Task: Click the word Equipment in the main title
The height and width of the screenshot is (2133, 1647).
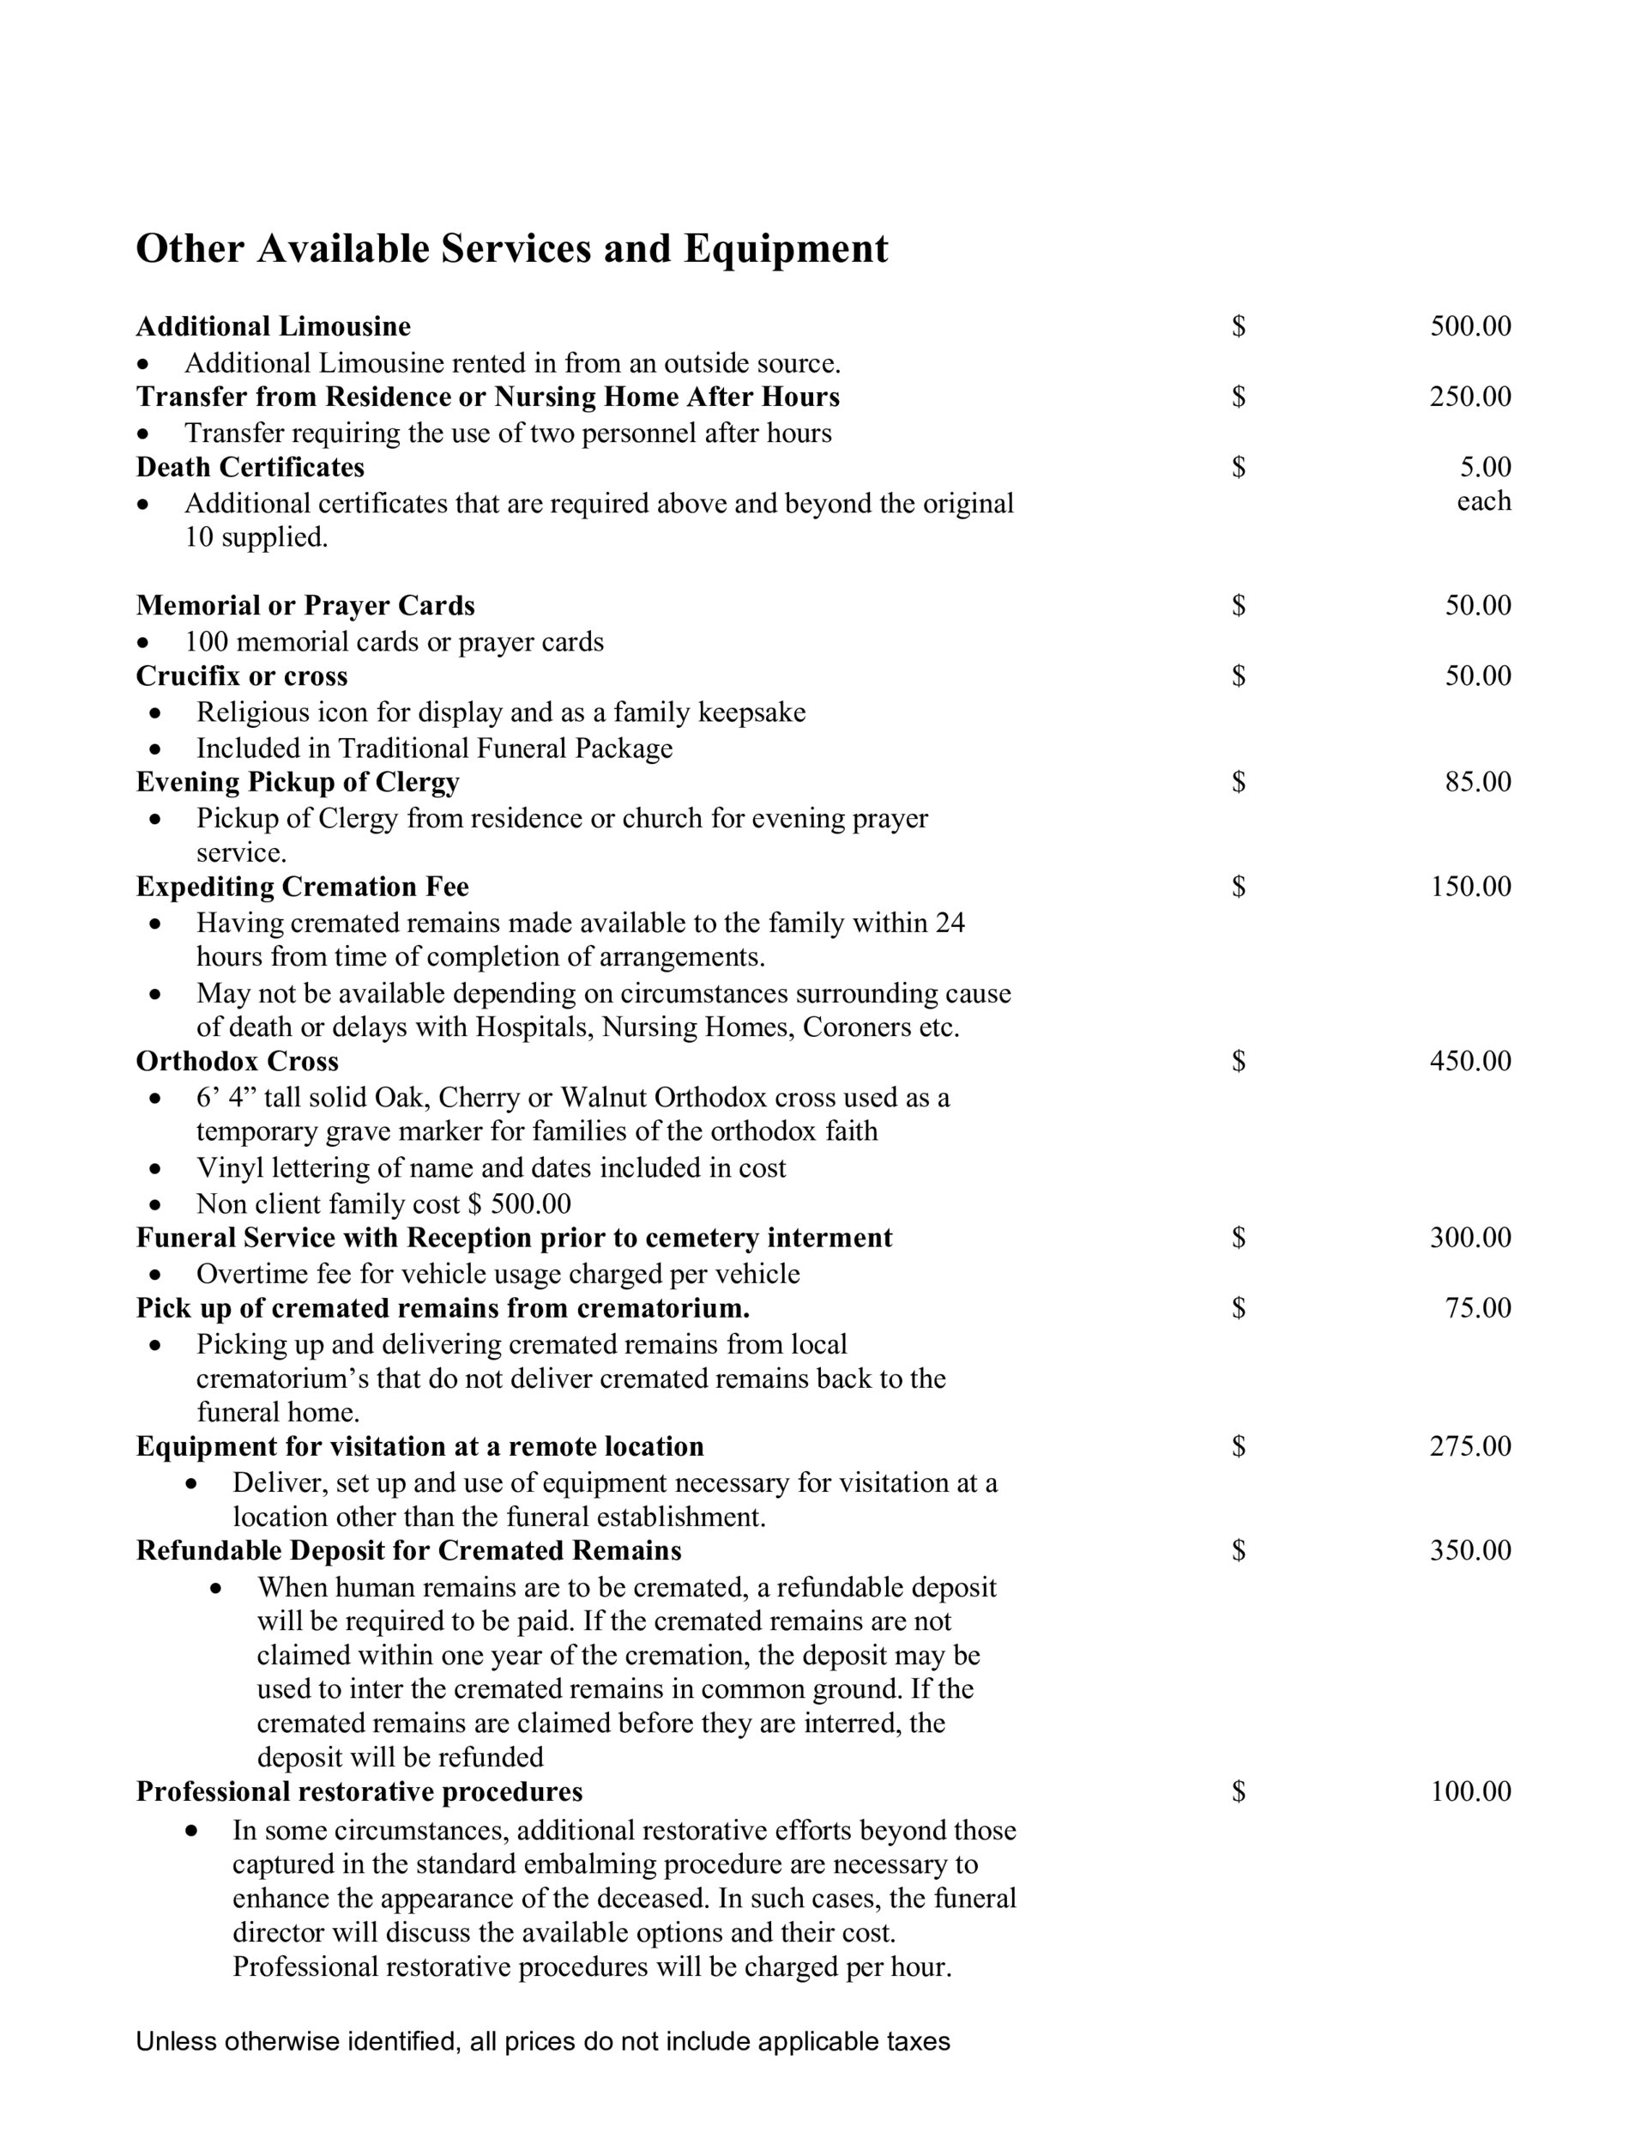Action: pos(785,249)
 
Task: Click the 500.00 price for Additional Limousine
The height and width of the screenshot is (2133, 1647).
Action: pos(1469,326)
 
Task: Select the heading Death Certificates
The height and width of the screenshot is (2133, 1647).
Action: pos(250,467)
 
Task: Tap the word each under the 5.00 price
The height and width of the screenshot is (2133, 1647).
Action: pos(1483,501)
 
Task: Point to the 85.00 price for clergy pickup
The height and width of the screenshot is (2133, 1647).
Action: pos(1477,781)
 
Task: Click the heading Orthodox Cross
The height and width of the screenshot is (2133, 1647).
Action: pos(238,1061)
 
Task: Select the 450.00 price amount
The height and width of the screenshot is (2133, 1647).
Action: pos(1469,1061)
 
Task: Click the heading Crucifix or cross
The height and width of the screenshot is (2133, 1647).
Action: pos(241,676)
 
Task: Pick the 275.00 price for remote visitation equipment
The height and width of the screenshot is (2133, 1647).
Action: pos(1469,1445)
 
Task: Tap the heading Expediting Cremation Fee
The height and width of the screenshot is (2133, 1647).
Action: pos(303,886)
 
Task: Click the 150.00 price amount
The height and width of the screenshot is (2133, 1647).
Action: pos(1469,886)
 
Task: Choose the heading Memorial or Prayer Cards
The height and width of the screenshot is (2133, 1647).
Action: pos(305,605)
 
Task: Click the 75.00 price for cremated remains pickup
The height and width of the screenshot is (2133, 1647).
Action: pos(1477,1308)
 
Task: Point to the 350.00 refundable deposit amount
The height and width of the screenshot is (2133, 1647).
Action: pos(1469,1550)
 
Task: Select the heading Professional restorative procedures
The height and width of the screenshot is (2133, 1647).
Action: pos(359,1791)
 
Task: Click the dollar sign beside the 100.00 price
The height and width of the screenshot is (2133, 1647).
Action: pos(1238,1791)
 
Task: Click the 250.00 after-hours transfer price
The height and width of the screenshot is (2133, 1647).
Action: pos(1469,397)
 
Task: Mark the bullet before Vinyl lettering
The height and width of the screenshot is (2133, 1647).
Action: pos(155,1168)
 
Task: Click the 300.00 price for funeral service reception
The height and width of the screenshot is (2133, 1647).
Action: pos(1469,1238)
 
